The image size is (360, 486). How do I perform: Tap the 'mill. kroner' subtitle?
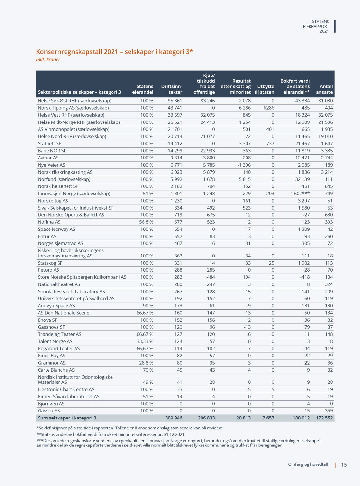tap(48, 59)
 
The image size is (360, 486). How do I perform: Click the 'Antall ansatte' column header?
tap(324, 89)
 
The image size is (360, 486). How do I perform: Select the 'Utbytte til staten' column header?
tap(264, 89)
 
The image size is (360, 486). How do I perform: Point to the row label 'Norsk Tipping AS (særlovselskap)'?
tap(73, 108)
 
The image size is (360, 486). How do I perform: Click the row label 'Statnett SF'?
tap(50, 144)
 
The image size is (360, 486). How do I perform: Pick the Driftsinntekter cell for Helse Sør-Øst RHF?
tap(175, 101)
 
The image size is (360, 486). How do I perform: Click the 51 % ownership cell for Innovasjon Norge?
tap(148, 194)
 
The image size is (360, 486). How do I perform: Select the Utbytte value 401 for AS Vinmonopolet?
tap(270, 129)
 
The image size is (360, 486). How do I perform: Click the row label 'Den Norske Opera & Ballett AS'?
tap(71, 215)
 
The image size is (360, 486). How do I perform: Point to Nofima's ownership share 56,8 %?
tap(146, 222)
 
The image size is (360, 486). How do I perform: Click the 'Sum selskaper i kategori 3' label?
tap(67, 418)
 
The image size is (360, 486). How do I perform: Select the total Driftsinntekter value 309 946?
tap(174, 418)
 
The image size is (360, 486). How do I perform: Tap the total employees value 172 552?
tap(324, 418)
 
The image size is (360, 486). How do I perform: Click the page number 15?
tap(344, 465)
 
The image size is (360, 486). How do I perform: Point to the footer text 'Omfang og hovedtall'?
tap(308, 464)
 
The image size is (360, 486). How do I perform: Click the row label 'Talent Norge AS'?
tap(55, 341)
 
